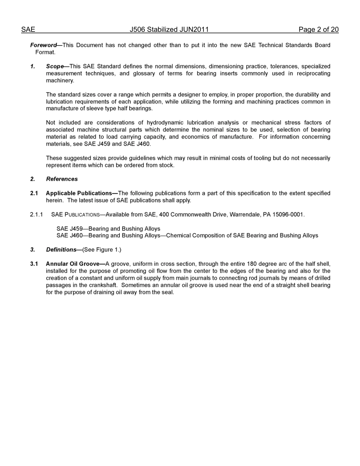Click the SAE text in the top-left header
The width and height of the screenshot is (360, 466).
[28, 30]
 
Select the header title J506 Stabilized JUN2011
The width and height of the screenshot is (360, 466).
[169, 30]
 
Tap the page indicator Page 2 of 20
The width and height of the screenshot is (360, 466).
[318, 30]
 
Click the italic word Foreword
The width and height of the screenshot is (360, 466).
[43, 45]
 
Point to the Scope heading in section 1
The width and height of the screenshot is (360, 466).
[55, 66]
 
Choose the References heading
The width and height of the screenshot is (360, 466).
[62, 179]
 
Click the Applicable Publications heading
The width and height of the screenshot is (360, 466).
[79, 193]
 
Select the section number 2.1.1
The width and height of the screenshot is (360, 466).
[36, 215]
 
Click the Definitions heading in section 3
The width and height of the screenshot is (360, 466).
[61, 250]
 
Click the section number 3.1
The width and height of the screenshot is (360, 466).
[34, 264]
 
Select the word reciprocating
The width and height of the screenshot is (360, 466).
[311, 73]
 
